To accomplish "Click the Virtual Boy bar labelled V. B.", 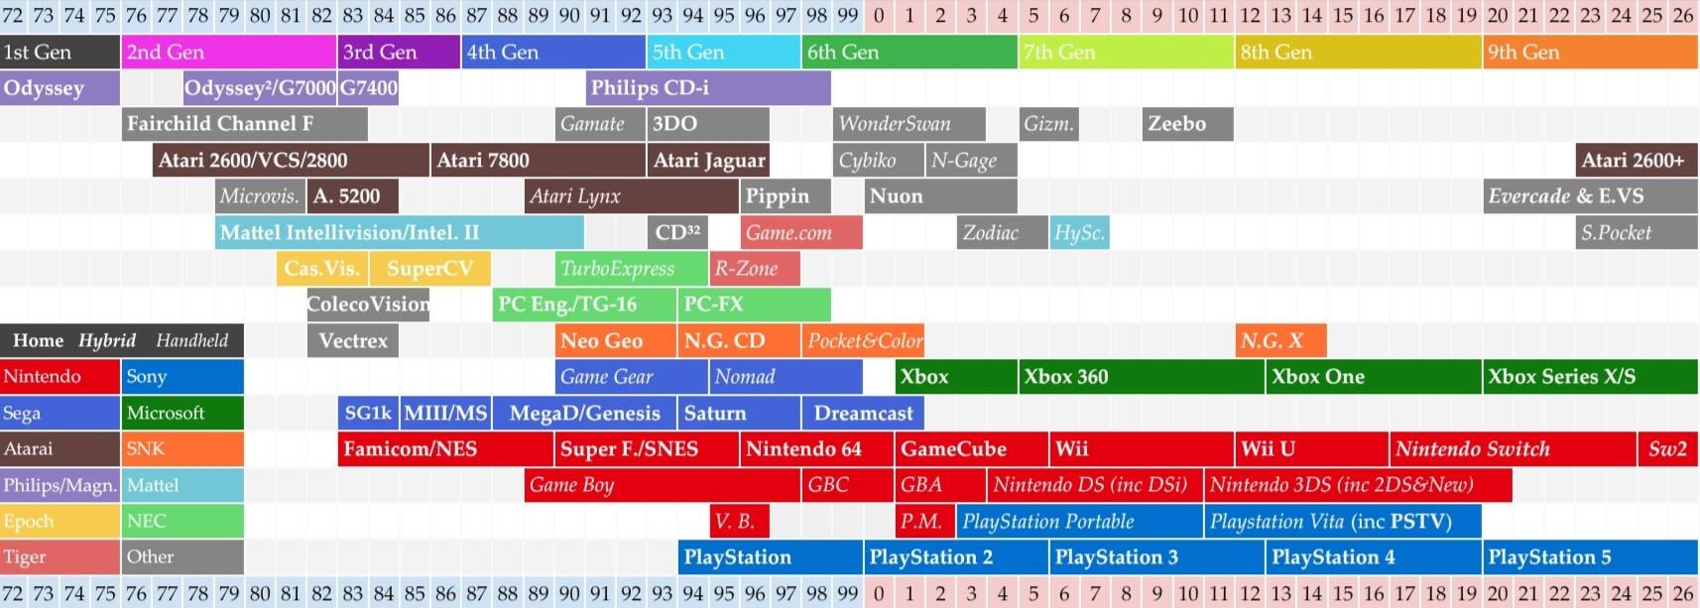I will pos(739,521).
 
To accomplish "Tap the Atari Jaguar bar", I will pos(708,160).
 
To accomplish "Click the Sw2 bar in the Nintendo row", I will pos(1667,448).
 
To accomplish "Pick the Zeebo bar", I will pos(1187,124).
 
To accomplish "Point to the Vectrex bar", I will pos(353,340).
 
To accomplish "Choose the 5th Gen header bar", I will pos(724,52).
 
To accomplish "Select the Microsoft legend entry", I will pos(183,413).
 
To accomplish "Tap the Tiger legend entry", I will pos(60,556).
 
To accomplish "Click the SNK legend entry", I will pos(183,448).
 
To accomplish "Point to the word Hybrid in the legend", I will pos(107,340).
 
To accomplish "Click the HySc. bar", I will pos(1079,232).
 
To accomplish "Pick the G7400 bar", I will pos(368,87).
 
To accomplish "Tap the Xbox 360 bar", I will pos(1141,376).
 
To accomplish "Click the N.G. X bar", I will pos(1279,340).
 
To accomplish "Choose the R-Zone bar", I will pos(755,268).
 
